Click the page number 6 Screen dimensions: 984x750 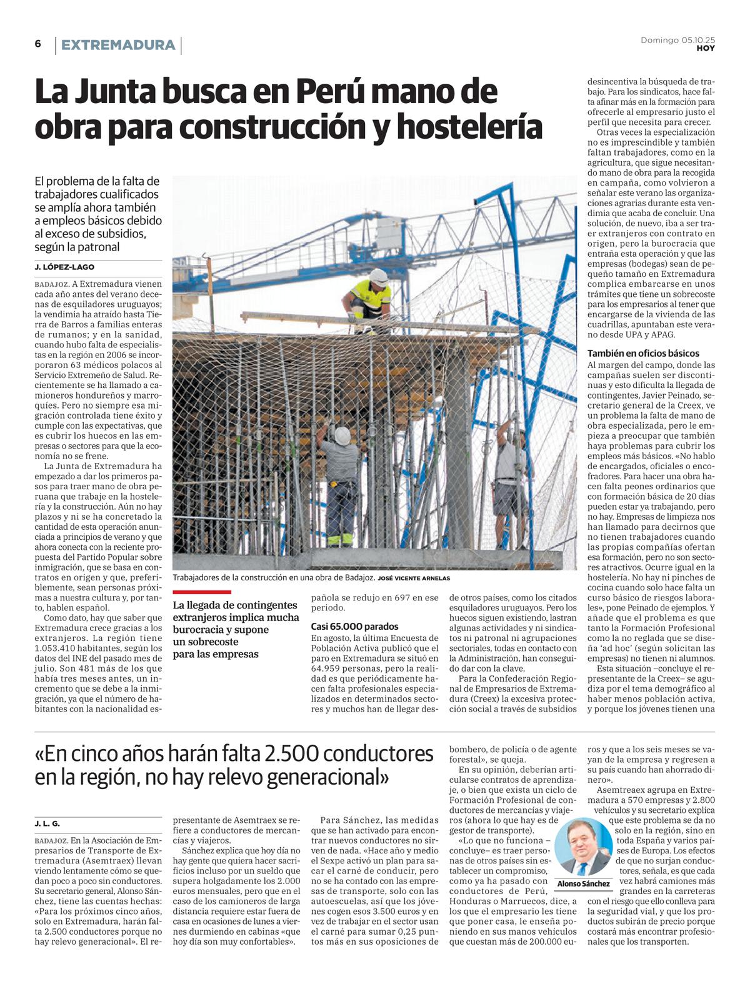[38, 44]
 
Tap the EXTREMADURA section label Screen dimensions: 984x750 [118, 45]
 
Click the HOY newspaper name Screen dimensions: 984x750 [706, 48]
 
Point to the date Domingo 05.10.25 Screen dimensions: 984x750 [677, 40]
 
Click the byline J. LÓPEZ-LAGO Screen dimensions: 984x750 [64, 267]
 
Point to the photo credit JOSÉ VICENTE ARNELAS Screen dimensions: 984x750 [414, 579]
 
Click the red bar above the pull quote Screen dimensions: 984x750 [202, 592]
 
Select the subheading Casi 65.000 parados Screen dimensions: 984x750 [354, 626]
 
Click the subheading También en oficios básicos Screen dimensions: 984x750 [643, 353]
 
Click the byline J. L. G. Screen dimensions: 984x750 [47, 823]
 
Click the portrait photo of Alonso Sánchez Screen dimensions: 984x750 [583, 848]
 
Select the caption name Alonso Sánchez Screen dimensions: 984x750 [583, 883]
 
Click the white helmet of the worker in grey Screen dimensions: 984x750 [342, 435]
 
